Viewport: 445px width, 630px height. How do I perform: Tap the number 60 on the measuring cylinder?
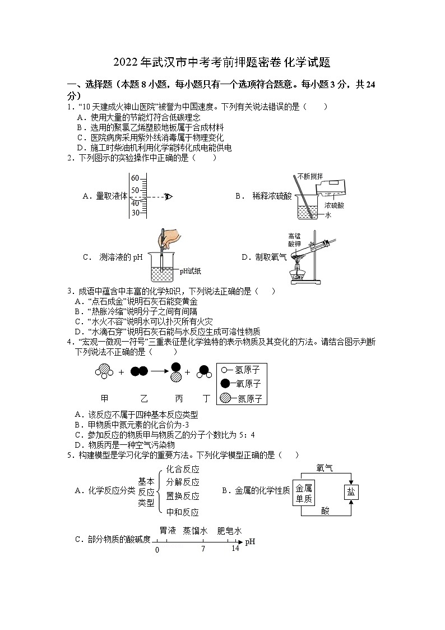pos(135,178)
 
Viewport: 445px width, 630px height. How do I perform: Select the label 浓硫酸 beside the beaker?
pos(334,205)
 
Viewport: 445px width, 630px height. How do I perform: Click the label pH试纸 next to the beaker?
pos(191,272)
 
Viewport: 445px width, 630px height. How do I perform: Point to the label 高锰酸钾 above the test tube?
pos(294,240)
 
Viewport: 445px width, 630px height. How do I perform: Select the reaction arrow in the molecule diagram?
pos(158,371)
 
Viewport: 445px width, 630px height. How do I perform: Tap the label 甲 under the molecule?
pos(104,398)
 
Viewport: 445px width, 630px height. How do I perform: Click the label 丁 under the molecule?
pos(206,398)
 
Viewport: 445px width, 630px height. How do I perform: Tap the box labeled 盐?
pos(351,491)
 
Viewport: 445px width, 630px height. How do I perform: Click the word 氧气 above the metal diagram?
pos(325,467)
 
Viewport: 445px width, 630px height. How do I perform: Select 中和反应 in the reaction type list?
pos(183,512)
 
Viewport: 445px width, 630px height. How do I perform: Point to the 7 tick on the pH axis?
pos(203,549)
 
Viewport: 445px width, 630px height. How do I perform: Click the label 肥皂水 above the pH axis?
pos(229,530)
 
